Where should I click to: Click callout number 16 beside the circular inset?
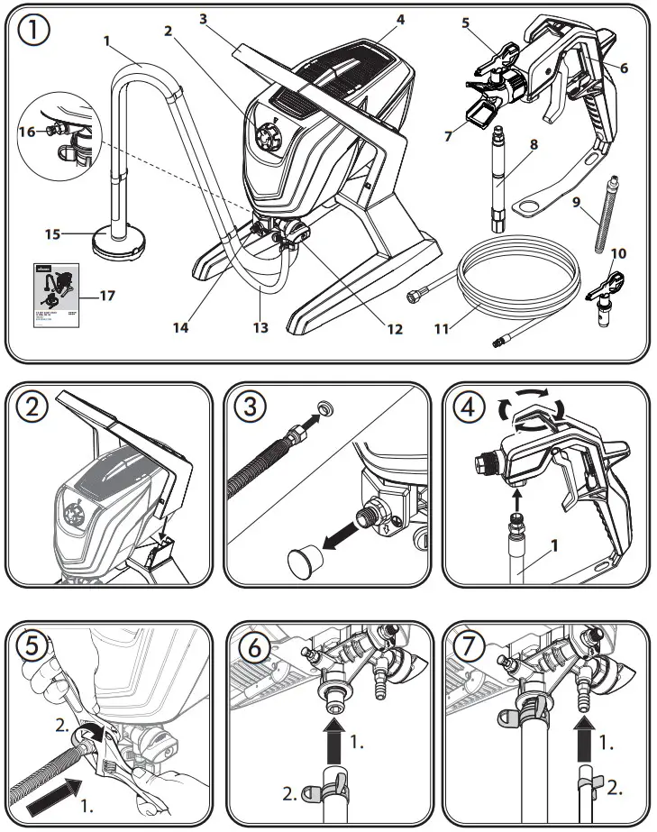coord(28,132)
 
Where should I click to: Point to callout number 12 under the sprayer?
coord(394,329)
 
